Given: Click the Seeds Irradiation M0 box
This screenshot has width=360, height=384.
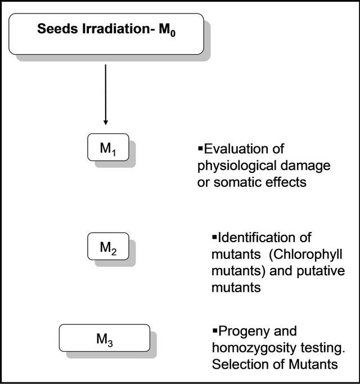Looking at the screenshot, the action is (x=106, y=34).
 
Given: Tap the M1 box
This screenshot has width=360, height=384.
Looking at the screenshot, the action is (x=108, y=147).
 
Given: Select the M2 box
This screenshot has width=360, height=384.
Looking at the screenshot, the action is (x=108, y=246).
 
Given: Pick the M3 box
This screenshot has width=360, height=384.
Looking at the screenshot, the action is (x=105, y=338).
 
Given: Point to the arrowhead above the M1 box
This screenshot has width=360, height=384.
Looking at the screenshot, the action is (x=106, y=122).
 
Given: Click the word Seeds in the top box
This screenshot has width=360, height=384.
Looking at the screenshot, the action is (x=58, y=29).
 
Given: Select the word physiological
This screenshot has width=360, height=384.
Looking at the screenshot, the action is (x=237, y=166).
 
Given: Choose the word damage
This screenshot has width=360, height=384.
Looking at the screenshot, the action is (x=305, y=166).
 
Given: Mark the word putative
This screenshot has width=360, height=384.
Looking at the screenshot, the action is (x=321, y=271).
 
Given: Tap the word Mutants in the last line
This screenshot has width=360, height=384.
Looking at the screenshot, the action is (x=313, y=364).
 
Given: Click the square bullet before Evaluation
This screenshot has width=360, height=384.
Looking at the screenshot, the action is (x=200, y=148).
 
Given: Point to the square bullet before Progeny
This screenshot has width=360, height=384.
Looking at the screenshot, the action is (x=215, y=331).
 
